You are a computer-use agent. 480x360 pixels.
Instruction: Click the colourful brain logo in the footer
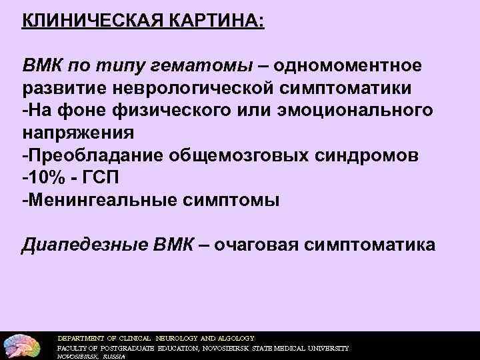(23, 343)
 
